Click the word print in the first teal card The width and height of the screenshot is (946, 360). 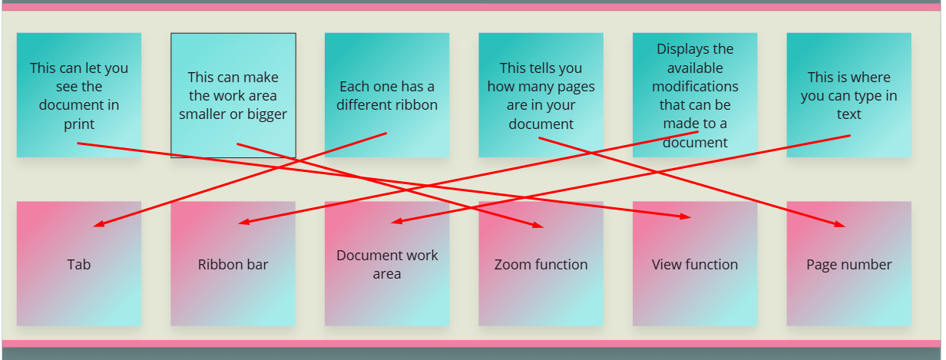point(79,124)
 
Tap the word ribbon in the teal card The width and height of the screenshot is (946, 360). point(415,105)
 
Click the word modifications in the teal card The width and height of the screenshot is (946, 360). point(695,86)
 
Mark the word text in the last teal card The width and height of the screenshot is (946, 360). point(848,114)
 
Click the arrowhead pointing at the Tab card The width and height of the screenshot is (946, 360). point(97,226)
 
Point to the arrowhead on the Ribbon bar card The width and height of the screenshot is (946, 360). point(243,223)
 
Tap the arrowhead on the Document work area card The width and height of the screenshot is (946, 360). point(395,223)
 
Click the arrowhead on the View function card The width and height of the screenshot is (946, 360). point(686,217)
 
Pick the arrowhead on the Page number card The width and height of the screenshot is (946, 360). point(841,226)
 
